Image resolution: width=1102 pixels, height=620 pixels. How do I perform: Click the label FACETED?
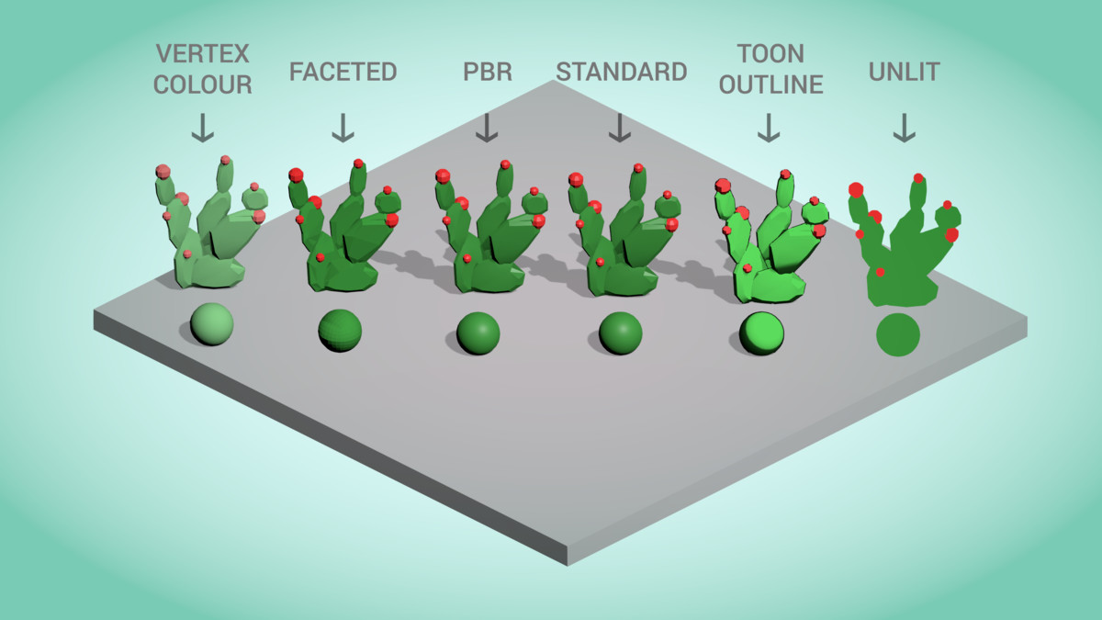(x=343, y=72)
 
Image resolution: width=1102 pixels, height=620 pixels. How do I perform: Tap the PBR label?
(x=487, y=72)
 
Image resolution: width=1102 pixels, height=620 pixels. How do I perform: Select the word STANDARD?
(x=622, y=72)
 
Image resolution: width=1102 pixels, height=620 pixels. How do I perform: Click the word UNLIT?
(x=905, y=72)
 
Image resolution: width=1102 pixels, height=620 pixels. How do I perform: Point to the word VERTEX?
(x=203, y=52)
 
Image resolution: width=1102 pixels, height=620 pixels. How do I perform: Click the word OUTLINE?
(x=770, y=85)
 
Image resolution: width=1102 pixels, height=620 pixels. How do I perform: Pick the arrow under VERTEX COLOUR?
(x=203, y=128)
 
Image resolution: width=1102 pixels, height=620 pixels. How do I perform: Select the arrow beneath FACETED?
(x=343, y=128)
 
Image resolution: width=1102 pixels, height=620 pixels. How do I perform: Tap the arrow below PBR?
(x=487, y=128)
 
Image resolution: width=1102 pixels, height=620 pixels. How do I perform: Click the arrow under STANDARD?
(x=621, y=128)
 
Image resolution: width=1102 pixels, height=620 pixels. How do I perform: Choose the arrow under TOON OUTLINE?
(x=769, y=128)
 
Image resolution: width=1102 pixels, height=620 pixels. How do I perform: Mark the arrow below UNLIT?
(x=905, y=128)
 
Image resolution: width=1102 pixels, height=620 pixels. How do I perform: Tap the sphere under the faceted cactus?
(x=340, y=331)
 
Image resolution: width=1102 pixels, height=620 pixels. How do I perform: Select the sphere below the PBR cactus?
(x=478, y=333)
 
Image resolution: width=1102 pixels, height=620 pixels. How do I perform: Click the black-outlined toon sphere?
(x=762, y=333)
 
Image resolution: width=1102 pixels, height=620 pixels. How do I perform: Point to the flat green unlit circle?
(x=898, y=334)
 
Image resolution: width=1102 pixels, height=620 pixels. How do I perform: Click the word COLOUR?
(x=203, y=85)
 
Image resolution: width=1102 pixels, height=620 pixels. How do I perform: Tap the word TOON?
(x=770, y=52)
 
